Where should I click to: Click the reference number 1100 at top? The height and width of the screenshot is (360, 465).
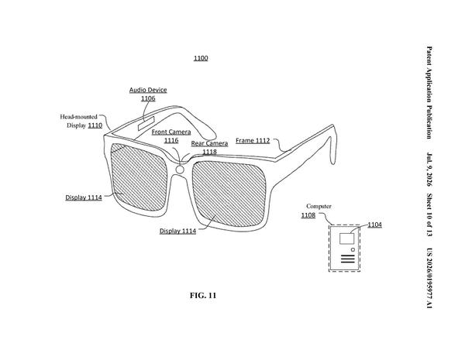coord(201,58)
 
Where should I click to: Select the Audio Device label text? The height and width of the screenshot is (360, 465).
coord(148,90)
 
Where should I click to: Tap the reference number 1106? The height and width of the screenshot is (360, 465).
coord(148,98)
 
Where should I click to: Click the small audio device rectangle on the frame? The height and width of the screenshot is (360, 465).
coord(146,123)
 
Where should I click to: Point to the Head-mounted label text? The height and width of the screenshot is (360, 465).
coord(78,117)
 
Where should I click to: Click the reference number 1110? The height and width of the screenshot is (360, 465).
coord(95,125)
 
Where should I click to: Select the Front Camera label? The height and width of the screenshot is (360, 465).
coord(171,132)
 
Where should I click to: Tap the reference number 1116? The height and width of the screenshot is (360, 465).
coord(171,140)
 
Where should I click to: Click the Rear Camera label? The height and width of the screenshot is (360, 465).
coord(209,143)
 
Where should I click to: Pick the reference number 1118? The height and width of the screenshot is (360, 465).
coord(210,152)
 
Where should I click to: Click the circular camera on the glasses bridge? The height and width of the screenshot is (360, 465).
coord(180,170)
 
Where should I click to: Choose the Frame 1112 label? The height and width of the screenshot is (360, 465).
coord(253,140)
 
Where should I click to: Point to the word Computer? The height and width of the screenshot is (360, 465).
coord(319,206)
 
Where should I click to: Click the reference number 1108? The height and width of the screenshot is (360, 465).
coord(308,215)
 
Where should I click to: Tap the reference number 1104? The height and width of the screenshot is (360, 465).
coord(375,225)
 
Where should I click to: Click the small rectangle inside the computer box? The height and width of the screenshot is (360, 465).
coord(346,238)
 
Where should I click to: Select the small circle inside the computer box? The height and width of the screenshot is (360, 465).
coord(353,250)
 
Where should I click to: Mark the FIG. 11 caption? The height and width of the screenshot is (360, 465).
coord(203,296)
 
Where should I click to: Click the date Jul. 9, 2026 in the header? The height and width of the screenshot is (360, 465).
coord(429,170)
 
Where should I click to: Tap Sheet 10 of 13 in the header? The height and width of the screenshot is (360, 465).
coord(429,215)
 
